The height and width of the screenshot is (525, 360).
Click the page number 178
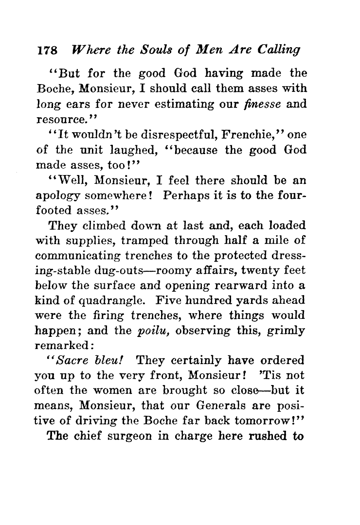47,50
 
